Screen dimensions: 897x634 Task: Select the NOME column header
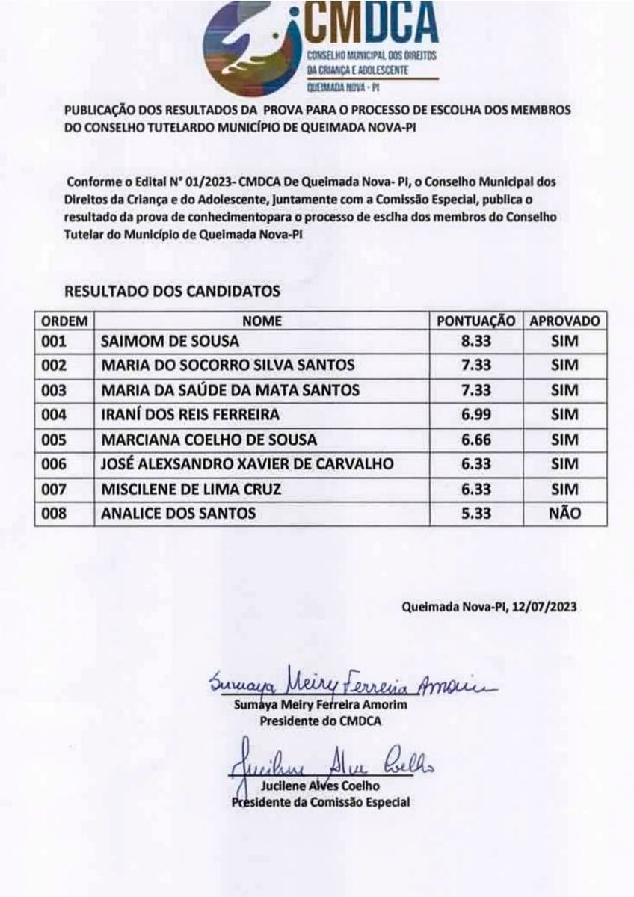(262, 321)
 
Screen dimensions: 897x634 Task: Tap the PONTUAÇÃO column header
(476, 321)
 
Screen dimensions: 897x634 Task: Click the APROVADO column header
(564, 321)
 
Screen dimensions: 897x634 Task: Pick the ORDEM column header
(64, 321)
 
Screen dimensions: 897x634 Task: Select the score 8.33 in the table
(476, 342)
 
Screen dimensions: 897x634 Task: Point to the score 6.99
(476, 414)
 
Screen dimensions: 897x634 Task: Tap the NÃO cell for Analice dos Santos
(564, 513)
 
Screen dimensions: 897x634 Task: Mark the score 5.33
(476, 513)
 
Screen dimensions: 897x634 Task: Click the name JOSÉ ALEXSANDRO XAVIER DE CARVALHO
(247, 464)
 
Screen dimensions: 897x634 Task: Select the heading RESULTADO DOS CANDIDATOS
(173, 292)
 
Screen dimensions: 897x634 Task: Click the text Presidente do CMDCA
(321, 721)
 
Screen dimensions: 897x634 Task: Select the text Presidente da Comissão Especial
(321, 802)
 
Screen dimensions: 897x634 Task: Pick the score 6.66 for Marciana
(476, 440)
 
